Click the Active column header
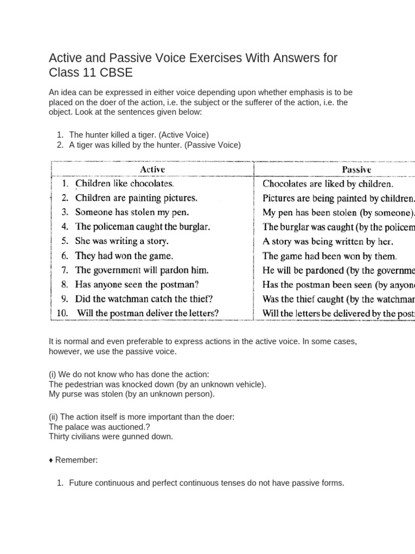click(152, 169)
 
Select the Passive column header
click(356, 169)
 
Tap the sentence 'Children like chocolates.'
click(124, 184)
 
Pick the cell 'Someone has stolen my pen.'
click(132, 212)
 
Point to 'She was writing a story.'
click(122, 241)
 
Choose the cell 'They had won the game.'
click(124, 255)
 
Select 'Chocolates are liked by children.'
click(328, 184)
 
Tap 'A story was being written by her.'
click(328, 241)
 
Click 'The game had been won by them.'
click(330, 256)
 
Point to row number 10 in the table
click(63, 313)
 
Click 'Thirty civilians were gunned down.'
click(111, 436)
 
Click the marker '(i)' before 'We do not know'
click(53, 374)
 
